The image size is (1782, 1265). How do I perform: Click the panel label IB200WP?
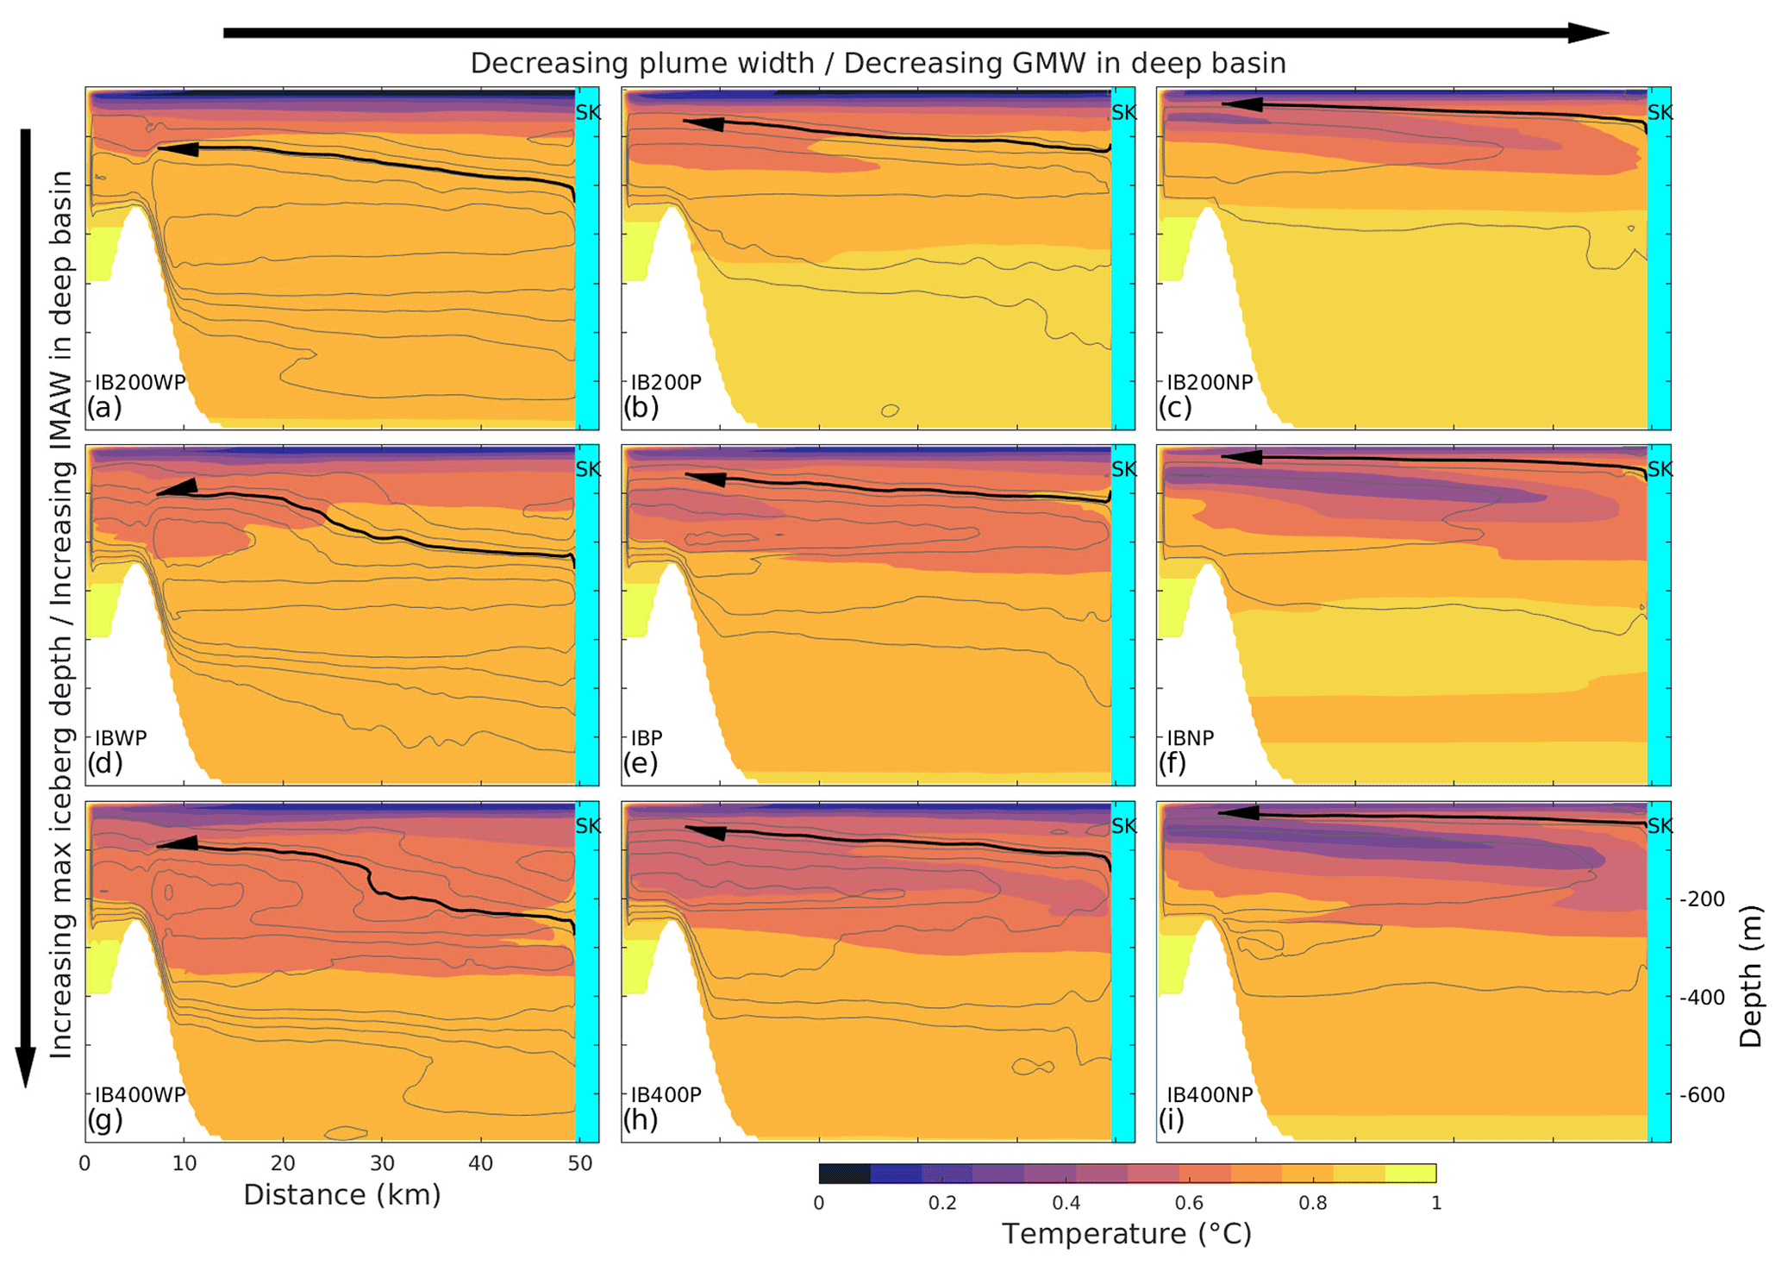(x=140, y=382)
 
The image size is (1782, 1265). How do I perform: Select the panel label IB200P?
(x=666, y=382)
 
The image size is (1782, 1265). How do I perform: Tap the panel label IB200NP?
(x=1209, y=382)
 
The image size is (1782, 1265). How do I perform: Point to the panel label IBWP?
(x=121, y=738)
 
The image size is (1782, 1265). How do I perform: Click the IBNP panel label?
(x=1190, y=738)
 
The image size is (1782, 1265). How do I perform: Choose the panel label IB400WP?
(x=140, y=1095)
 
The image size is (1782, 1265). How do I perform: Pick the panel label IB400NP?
(x=1209, y=1095)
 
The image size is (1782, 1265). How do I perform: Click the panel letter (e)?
(x=640, y=763)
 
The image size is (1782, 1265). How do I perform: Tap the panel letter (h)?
(x=640, y=1119)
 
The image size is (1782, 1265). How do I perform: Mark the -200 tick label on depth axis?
(x=1702, y=899)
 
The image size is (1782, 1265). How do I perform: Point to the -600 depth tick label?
(x=1702, y=1095)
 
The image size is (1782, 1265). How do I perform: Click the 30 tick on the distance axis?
(x=382, y=1163)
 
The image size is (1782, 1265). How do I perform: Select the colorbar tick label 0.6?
(x=1189, y=1203)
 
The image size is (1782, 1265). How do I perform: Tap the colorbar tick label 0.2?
(x=942, y=1203)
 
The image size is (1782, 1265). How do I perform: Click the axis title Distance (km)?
(x=341, y=1195)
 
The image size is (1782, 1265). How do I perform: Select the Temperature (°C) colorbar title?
(x=1126, y=1234)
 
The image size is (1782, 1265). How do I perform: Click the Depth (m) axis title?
(x=1750, y=975)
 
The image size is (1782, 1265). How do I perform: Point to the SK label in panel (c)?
(x=1660, y=112)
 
